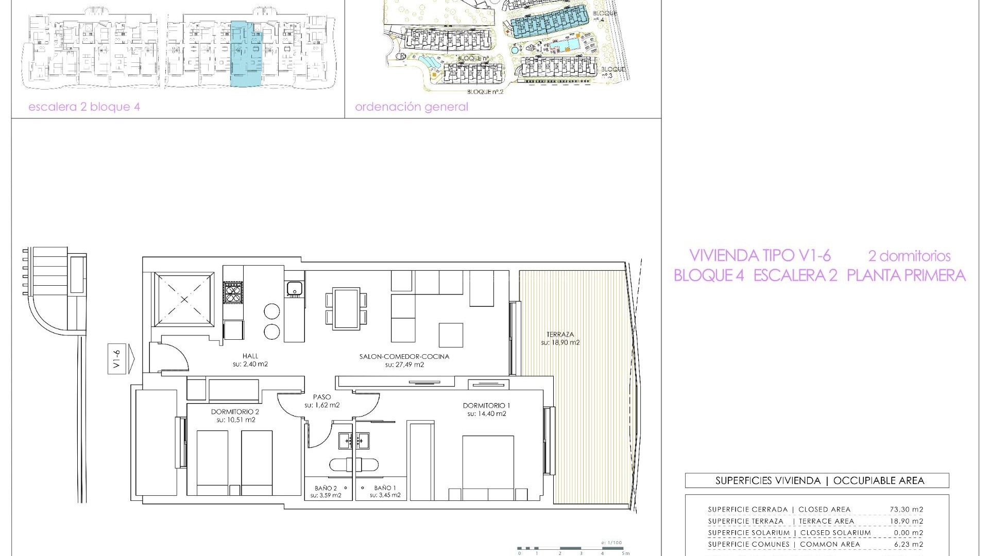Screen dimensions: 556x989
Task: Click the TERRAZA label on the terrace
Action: click(x=560, y=335)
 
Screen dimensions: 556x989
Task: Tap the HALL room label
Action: click(x=250, y=356)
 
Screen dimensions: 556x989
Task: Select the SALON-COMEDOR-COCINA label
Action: click(x=404, y=356)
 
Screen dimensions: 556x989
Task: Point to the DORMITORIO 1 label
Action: click(x=486, y=406)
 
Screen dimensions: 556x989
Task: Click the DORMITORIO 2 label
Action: click(x=235, y=412)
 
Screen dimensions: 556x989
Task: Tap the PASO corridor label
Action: click(x=321, y=397)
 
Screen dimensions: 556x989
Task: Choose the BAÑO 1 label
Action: click(x=385, y=488)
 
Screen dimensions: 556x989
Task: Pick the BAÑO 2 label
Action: click(x=326, y=488)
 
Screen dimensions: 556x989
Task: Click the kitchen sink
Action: click(x=294, y=288)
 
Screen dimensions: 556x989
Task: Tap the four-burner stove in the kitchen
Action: click(x=232, y=293)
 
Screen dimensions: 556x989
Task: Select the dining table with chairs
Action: click(x=346, y=309)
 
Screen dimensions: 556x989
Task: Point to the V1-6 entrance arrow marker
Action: click(x=121, y=359)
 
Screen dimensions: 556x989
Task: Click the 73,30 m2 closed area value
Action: click(x=906, y=510)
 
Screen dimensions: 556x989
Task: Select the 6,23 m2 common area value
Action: click(x=906, y=544)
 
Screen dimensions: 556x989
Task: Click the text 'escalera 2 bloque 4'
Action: click(x=84, y=107)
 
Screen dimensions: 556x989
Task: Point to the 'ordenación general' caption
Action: click(x=411, y=107)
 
